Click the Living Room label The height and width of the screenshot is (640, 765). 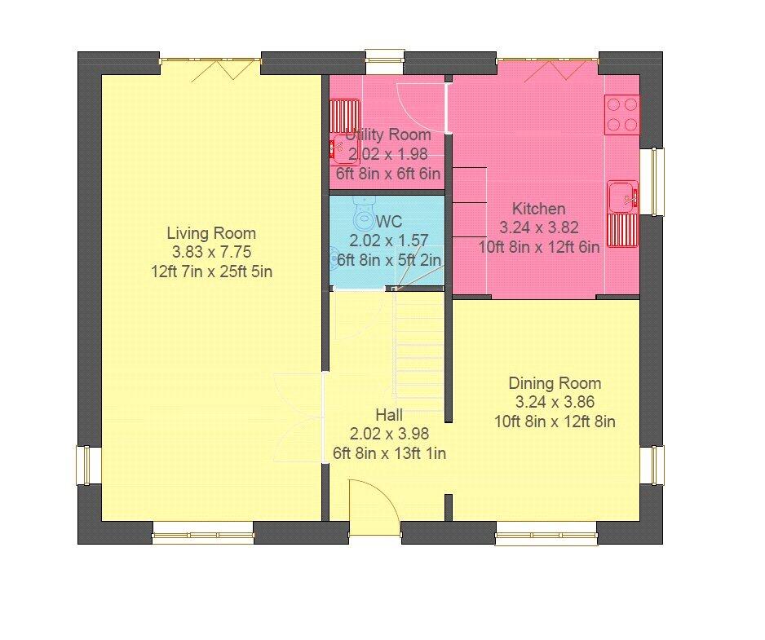tap(211, 233)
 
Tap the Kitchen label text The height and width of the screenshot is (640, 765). tap(538, 209)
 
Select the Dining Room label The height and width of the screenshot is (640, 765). tap(555, 383)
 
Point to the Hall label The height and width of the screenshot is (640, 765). tap(389, 416)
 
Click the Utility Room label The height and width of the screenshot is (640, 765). tap(387, 135)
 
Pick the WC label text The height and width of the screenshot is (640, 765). tap(389, 222)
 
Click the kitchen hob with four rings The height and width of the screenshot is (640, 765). tap(621, 114)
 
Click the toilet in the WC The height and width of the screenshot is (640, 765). tap(364, 215)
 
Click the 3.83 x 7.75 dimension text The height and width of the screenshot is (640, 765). tap(211, 253)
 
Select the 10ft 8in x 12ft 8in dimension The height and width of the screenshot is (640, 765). tap(555, 422)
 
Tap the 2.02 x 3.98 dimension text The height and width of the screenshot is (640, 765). tap(389, 435)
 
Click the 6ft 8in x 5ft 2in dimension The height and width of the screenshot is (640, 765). tap(389, 260)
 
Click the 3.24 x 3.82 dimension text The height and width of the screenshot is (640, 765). tap(538, 227)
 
